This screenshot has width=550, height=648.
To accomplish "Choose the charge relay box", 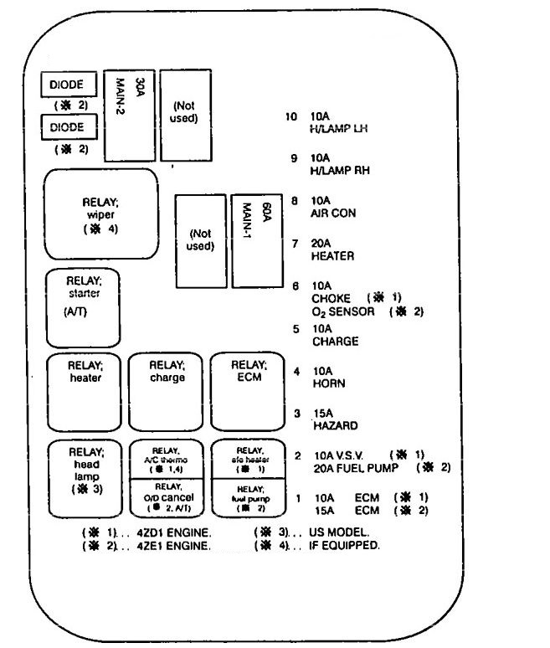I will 166,390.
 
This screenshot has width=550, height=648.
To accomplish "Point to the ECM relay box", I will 249,390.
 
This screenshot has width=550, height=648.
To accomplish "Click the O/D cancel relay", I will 166,496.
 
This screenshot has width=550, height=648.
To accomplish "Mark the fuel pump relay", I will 249,496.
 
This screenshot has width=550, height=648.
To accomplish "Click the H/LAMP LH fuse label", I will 340,130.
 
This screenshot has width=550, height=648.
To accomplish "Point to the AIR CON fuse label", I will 333,213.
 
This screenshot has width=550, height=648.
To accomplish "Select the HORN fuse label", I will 328,383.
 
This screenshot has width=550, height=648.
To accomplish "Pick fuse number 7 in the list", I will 296,243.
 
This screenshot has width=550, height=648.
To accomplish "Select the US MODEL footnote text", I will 342,532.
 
